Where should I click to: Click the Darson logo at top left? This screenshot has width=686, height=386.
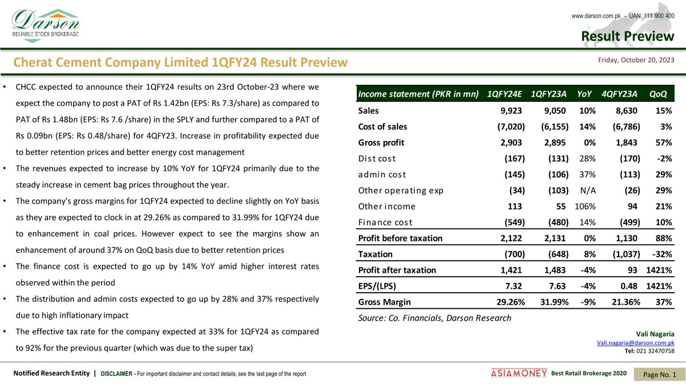click(x=46, y=23)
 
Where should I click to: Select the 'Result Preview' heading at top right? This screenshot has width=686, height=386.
click(x=628, y=37)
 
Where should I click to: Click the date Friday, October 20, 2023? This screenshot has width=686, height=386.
click(x=636, y=60)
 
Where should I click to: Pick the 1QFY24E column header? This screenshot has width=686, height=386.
click(x=502, y=94)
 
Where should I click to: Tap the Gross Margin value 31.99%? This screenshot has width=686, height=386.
click(x=550, y=302)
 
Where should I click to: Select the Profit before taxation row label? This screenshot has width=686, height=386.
click(x=400, y=238)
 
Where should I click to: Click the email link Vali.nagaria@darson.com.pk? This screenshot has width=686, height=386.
click(x=635, y=342)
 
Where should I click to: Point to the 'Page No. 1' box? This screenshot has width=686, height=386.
click(x=660, y=374)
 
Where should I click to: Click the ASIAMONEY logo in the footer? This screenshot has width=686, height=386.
click(x=519, y=373)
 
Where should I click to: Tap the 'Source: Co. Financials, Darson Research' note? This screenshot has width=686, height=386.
click(x=434, y=318)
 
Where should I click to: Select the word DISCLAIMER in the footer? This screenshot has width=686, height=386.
click(x=118, y=374)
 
